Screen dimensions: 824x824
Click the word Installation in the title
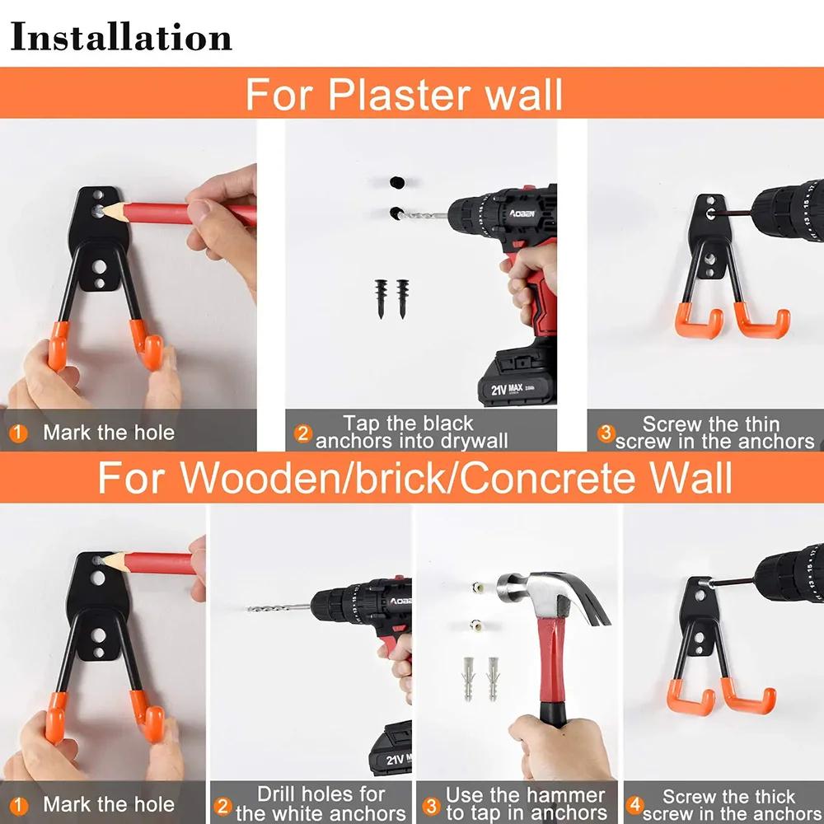click(121, 38)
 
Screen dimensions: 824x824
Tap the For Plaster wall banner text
click(404, 94)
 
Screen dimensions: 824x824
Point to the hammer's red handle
click(551, 667)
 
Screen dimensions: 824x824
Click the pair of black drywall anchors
click(391, 298)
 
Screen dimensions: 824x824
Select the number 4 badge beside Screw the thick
click(633, 804)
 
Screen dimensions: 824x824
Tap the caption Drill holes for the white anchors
click(321, 804)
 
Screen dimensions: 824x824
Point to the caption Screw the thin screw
click(714, 433)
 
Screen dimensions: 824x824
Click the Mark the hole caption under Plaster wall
click(108, 433)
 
